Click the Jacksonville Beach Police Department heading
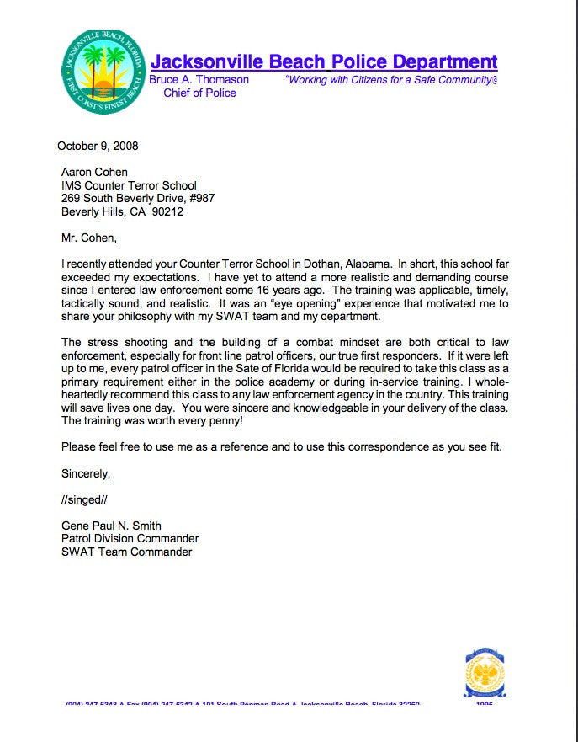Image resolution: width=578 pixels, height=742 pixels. pos(323,61)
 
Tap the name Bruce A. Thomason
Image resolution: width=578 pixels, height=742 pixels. pos(199,79)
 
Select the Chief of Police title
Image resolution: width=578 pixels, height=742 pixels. pos(199,93)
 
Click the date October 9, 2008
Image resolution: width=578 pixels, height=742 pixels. pos(98,146)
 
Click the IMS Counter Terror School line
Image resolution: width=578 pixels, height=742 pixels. pos(129,185)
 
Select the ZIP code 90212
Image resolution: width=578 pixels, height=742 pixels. pos(167,212)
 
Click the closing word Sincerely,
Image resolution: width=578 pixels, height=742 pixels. pos(86,473)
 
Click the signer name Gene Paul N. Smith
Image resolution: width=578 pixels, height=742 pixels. pos(111,526)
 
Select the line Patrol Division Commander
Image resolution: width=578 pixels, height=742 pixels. pos(130,539)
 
